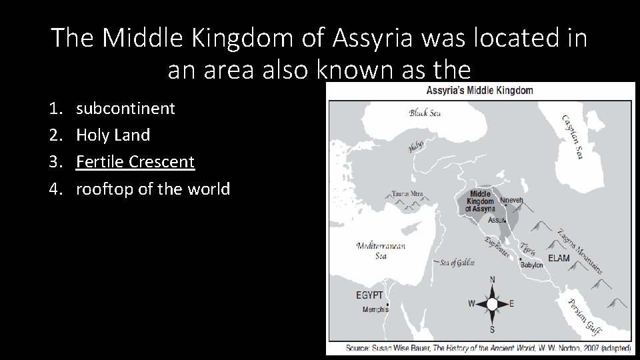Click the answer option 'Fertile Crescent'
click(x=135, y=162)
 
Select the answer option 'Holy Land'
click(x=113, y=135)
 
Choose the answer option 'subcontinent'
click(x=125, y=108)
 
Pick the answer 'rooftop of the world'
click(x=153, y=189)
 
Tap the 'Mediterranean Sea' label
click(x=381, y=251)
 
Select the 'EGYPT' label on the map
click(x=369, y=295)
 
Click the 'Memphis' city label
click(x=375, y=309)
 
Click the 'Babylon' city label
click(x=531, y=265)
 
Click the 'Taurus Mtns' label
click(x=407, y=195)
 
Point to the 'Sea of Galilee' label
click(x=457, y=263)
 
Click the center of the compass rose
click(x=492, y=304)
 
